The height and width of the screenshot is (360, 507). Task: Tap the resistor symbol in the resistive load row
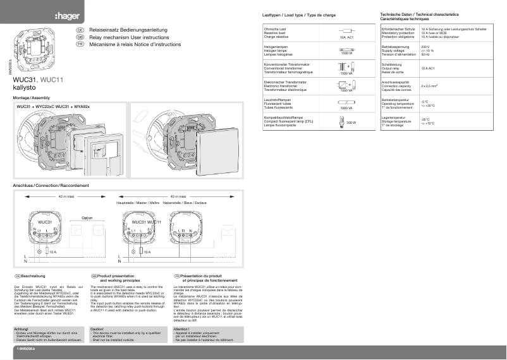346,30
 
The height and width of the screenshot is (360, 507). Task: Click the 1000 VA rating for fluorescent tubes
346,108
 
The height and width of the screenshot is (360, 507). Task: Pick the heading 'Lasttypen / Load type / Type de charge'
298,14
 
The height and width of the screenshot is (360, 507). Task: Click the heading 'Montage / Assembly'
32,99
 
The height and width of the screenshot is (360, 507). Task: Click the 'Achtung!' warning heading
21,328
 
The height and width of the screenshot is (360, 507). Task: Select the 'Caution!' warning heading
97,328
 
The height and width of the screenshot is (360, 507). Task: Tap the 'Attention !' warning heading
181,328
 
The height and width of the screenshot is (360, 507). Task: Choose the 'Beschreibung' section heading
33,276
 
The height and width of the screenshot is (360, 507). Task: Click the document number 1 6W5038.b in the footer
26,349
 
